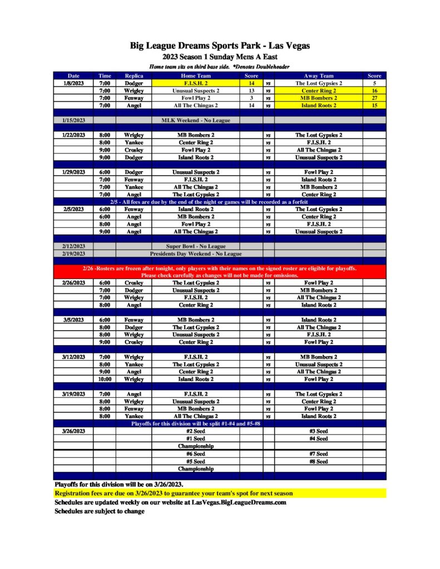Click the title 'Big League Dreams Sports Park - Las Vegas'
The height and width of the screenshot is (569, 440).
click(x=220, y=46)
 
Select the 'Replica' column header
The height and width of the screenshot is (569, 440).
click(x=134, y=76)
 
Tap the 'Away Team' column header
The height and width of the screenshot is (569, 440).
click(x=318, y=76)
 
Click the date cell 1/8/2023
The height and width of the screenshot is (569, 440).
click(x=73, y=83)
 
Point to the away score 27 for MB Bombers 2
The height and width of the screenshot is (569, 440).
click(x=374, y=98)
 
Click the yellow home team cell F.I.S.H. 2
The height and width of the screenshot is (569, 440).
click(x=196, y=83)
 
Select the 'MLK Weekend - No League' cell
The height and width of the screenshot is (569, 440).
click(x=196, y=120)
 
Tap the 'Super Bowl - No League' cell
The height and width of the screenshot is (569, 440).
click(x=196, y=246)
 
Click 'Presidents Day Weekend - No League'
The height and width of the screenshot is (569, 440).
click(x=196, y=253)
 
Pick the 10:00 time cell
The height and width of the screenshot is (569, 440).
click(x=105, y=379)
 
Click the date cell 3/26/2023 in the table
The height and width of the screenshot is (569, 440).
click(x=73, y=431)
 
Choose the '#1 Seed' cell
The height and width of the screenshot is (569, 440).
click(x=196, y=438)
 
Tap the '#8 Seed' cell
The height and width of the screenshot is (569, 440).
click(x=318, y=461)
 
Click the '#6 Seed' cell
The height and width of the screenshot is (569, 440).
click(x=196, y=454)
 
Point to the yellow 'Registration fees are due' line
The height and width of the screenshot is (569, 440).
click(x=173, y=493)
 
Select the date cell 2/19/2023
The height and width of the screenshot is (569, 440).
click(x=73, y=253)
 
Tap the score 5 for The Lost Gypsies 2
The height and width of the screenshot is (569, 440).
click(x=374, y=83)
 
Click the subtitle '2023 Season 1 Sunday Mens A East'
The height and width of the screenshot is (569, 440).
click(x=220, y=57)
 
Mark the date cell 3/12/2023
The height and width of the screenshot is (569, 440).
click(x=73, y=357)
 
